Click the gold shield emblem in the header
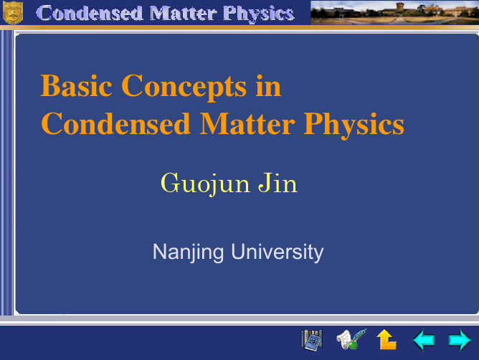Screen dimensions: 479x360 click(x=13, y=12)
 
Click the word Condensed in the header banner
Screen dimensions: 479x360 click(x=90, y=14)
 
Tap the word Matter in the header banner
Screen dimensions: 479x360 click(x=183, y=14)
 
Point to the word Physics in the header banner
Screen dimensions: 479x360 click(x=258, y=14)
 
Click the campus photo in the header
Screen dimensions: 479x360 click(x=394, y=12)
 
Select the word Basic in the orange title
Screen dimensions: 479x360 click(x=77, y=86)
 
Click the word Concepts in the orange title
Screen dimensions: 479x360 click(x=184, y=87)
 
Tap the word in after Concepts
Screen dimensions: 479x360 click(x=268, y=86)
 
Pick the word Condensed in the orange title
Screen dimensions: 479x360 click(x=115, y=123)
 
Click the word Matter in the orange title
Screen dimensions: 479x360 click(x=247, y=123)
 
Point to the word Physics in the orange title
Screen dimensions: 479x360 click(x=354, y=125)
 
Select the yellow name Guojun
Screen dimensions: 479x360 click(x=205, y=184)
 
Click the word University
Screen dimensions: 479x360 click(x=278, y=252)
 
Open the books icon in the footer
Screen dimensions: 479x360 click(x=312, y=340)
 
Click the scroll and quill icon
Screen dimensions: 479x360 click(x=351, y=339)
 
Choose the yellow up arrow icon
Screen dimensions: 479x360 click(x=386, y=339)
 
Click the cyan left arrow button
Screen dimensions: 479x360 click(x=424, y=339)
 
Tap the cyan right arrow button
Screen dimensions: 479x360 click(x=460, y=339)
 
